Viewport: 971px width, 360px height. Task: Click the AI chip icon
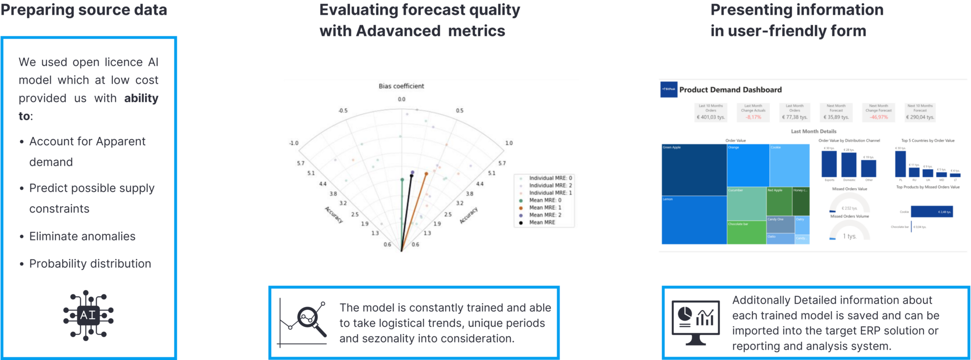[x=88, y=315]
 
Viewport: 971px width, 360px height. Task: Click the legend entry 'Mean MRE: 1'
[x=545, y=208]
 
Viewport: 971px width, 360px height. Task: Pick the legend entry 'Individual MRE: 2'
[x=550, y=185]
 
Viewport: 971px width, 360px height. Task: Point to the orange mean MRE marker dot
[x=427, y=174]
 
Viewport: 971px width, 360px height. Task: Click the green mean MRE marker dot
[x=402, y=180]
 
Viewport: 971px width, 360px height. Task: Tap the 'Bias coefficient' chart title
[x=401, y=86]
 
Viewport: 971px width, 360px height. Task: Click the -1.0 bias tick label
[x=293, y=143]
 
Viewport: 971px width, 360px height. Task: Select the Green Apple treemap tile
[x=694, y=170]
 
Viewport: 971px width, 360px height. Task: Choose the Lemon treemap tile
[x=694, y=220]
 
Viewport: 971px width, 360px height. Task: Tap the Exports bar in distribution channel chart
[x=829, y=164]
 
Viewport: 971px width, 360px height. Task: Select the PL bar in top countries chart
[x=900, y=164]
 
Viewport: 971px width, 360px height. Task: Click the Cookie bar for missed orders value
[x=932, y=212]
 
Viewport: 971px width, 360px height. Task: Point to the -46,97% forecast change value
[x=879, y=117]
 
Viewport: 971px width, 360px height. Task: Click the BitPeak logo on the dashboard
[x=669, y=89]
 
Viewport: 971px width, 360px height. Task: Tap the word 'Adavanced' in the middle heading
[x=398, y=31]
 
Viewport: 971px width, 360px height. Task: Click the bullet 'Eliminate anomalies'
[x=82, y=236]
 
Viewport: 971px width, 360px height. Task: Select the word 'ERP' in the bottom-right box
[x=861, y=331]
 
